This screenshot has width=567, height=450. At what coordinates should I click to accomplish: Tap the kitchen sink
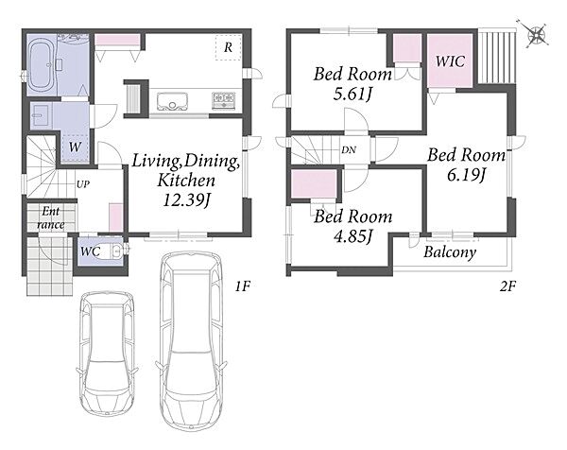click(173, 102)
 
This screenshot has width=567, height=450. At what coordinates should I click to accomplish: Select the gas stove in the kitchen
click(224, 100)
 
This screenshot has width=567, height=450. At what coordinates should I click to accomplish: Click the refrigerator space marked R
click(228, 47)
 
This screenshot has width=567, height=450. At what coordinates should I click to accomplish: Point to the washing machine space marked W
click(76, 147)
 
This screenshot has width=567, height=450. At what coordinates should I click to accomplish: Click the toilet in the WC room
click(116, 251)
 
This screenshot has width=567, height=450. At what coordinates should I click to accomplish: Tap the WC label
click(90, 251)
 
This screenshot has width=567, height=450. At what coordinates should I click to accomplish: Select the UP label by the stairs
click(83, 184)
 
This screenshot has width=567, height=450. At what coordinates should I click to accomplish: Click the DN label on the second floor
click(349, 149)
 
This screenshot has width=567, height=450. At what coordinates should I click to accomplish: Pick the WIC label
click(450, 61)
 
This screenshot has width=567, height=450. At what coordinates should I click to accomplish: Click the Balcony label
click(450, 252)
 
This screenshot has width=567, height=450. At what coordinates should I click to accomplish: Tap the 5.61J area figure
click(352, 94)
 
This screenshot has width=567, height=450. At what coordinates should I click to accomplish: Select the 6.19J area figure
click(466, 175)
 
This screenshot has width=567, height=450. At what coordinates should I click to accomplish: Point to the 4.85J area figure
click(352, 236)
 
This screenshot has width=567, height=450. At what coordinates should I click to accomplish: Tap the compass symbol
click(536, 35)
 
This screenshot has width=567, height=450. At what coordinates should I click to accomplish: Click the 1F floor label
click(243, 286)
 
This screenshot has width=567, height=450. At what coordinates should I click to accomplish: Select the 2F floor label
click(507, 286)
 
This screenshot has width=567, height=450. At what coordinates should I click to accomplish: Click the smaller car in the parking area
click(107, 354)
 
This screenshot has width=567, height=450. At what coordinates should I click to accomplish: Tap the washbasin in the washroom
click(39, 115)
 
